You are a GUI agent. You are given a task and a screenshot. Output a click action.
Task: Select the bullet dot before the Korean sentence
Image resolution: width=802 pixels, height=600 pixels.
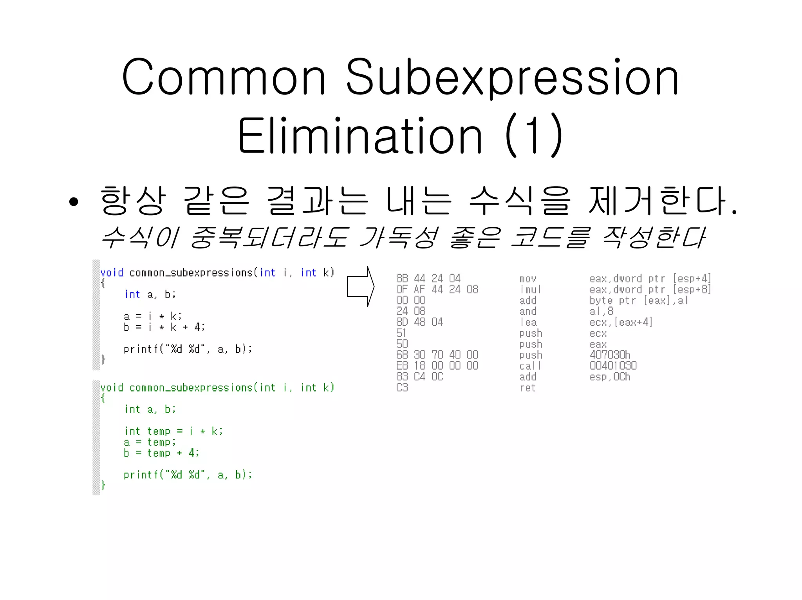coord(74,202)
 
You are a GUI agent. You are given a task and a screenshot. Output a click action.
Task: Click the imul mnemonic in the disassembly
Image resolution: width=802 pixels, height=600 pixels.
coord(530,290)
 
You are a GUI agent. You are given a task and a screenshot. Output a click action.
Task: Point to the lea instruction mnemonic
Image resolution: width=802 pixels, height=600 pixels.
coord(528,323)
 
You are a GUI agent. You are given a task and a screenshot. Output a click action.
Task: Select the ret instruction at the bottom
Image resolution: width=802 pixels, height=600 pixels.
coord(527,388)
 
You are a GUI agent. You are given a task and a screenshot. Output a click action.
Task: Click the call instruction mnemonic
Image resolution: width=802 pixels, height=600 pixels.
coord(530,366)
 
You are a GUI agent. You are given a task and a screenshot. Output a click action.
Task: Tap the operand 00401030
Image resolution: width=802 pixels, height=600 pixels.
coord(613,366)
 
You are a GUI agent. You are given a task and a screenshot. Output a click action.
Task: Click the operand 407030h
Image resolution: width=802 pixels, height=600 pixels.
coord(610,355)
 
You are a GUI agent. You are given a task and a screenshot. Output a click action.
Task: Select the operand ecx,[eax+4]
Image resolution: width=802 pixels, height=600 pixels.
coord(621,322)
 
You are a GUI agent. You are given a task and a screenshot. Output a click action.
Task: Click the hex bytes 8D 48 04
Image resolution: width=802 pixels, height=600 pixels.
coord(419,322)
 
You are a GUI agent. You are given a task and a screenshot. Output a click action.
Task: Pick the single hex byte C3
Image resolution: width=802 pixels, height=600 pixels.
coord(402,388)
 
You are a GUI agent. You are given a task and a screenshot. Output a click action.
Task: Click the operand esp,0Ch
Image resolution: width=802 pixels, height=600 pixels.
coord(610,377)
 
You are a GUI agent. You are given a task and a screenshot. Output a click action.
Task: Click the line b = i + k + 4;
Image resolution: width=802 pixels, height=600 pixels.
coord(164,327)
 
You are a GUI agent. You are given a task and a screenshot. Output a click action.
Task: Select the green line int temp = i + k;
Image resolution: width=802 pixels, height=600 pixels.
coord(173,431)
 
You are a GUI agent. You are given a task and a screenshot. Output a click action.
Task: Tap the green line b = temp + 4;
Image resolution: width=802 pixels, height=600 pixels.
coord(161,453)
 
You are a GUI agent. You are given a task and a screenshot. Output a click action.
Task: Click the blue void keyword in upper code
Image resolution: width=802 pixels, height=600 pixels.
coord(112,273)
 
